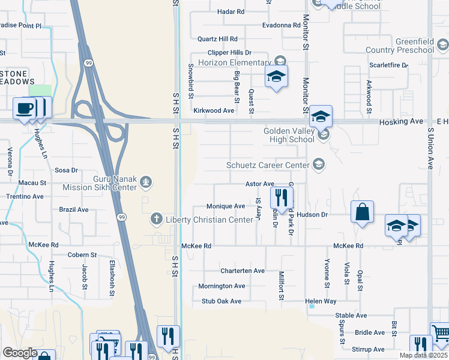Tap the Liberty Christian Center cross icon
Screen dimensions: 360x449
coord(156,220)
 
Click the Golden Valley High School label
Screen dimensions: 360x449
coord(289,135)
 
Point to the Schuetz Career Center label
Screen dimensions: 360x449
coord(267,165)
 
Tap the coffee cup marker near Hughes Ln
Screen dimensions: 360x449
coord(25,108)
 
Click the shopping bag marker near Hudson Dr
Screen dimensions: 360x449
coord(362,212)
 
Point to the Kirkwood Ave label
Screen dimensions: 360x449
coord(213,111)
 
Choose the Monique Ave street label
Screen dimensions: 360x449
coord(225,206)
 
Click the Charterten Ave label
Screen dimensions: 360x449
coord(242,271)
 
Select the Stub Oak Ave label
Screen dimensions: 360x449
coord(221,301)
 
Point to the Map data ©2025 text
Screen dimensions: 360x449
coord(423,355)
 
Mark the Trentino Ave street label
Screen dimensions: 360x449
coord(25,197)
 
